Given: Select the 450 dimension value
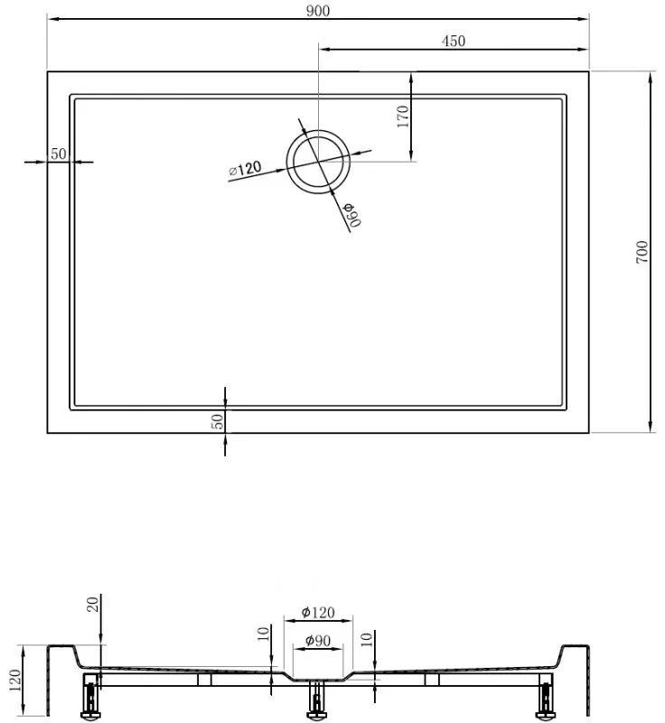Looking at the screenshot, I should (x=453, y=41).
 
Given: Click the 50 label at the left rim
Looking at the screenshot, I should (x=58, y=154).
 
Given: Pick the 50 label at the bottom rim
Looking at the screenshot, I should (x=217, y=420).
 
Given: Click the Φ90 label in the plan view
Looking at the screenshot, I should (x=351, y=216).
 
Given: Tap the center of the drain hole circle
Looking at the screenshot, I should (x=317, y=162).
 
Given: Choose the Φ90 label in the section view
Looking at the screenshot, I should (x=316, y=641).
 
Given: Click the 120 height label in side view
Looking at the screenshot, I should (x=12, y=680).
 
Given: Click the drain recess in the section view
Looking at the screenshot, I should (x=316, y=677).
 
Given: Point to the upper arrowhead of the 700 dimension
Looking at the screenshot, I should (x=651, y=80).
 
